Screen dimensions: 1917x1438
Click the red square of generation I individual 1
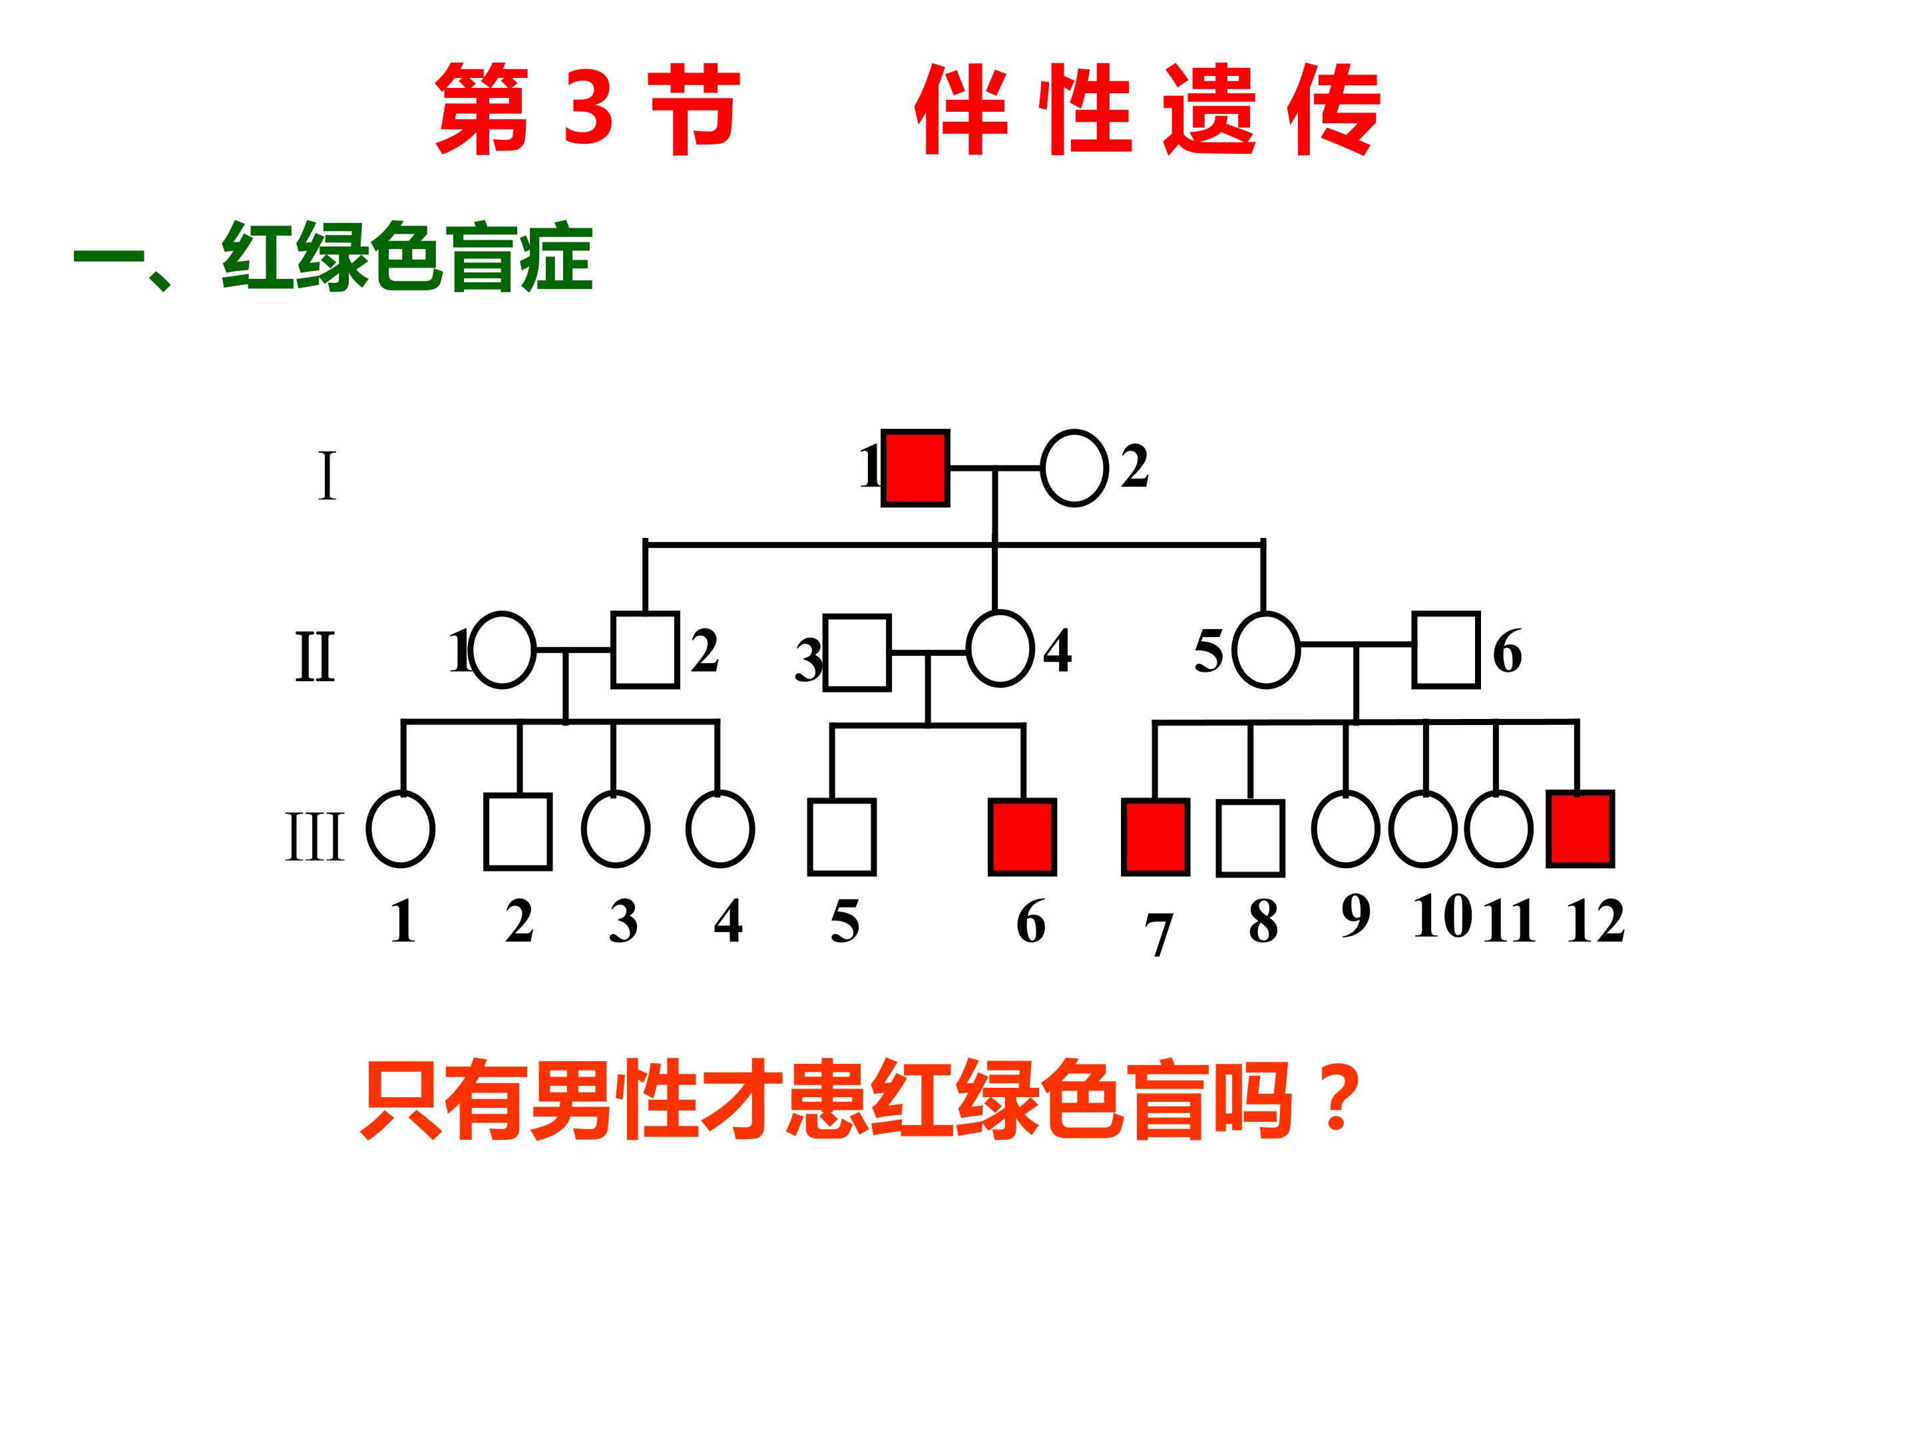915,467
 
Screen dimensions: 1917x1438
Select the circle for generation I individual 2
1074,467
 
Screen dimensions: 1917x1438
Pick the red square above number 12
1581,829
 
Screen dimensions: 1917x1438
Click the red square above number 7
1156,838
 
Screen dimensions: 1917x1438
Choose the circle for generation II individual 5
1266,649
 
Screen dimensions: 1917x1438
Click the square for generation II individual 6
1446,649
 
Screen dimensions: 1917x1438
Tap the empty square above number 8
1251,838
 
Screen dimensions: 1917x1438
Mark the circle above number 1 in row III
401,829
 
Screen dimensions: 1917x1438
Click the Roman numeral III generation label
315,836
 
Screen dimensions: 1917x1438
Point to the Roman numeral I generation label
327,476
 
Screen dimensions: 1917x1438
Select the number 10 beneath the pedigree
1442,915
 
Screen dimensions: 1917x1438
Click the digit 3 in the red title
588,107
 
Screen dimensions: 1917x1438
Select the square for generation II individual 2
645,649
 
